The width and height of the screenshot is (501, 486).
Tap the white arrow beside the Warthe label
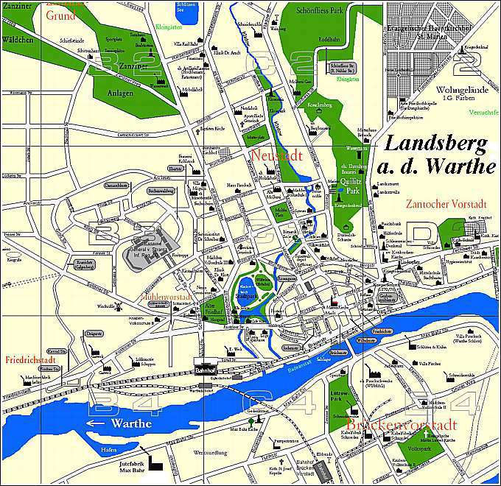coord(98,423)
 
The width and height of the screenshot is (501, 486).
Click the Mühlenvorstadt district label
coord(166,297)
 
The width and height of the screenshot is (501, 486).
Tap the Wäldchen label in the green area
coord(18,39)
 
